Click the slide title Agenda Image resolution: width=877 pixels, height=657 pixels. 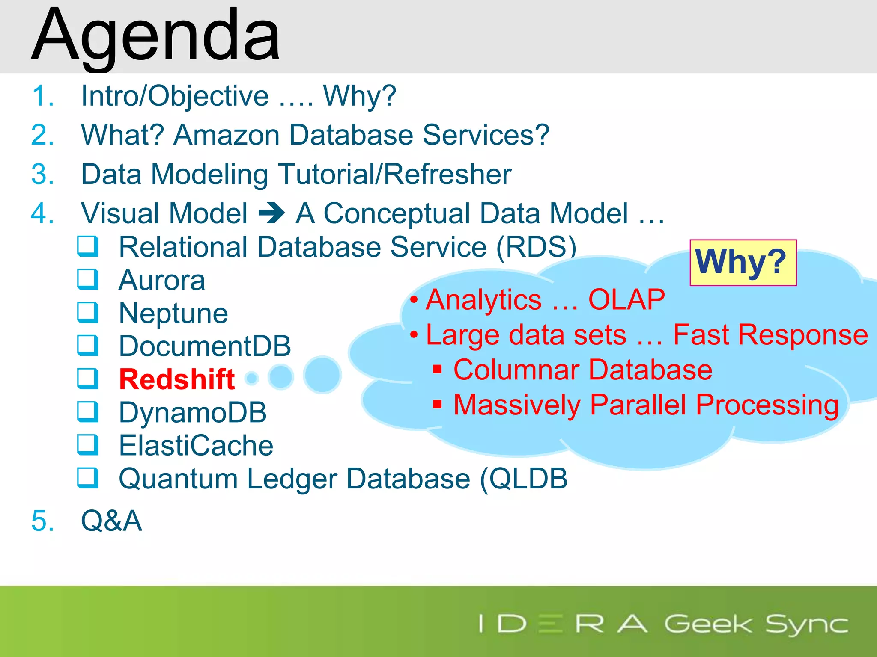point(156,36)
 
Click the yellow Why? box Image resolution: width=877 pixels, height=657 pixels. point(743,262)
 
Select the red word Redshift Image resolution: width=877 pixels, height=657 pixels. point(177,379)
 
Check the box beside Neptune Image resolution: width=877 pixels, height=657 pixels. point(88,313)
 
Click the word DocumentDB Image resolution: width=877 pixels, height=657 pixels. point(205,346)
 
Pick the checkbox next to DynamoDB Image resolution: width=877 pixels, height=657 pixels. point(88,412)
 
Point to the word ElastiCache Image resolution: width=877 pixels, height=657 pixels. point(196,445)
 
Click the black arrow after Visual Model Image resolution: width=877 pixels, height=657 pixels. point(271,213)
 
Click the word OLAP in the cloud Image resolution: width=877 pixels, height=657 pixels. point(626,299)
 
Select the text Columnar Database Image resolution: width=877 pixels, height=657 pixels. point(582,370)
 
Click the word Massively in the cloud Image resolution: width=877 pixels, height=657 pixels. point(516,405)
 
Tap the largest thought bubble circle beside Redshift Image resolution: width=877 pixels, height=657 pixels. point(322,375)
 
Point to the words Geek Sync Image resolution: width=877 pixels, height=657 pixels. point(756,624)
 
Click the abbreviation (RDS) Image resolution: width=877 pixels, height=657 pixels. point(536,247)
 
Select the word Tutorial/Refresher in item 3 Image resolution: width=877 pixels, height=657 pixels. point(395,174)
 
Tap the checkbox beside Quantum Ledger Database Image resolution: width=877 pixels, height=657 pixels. point(88,478)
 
